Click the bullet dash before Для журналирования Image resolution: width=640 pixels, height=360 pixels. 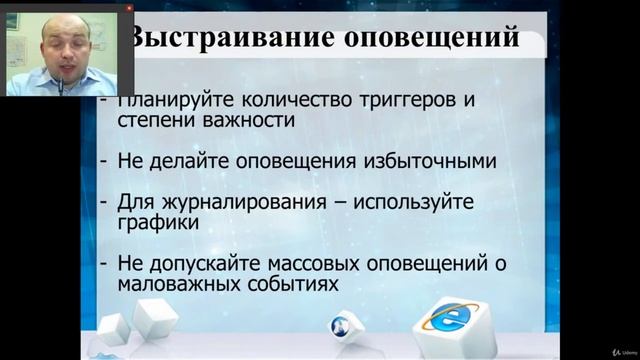point(104,201)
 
